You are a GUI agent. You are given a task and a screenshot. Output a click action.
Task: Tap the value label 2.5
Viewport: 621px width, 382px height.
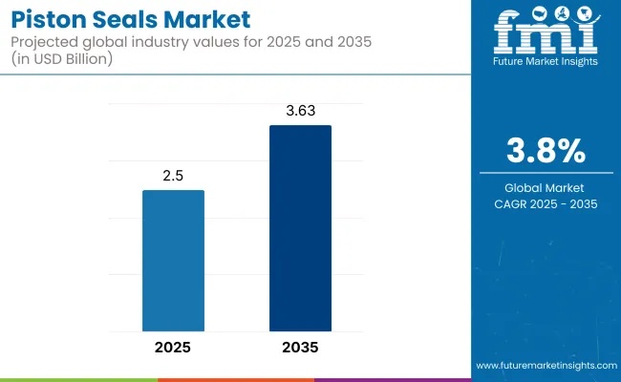(x=173, y=178)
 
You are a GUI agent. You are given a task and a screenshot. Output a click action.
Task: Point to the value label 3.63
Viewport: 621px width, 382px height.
(x=300, y=112)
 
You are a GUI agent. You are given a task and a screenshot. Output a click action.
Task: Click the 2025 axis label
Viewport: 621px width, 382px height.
(x=173, y=347)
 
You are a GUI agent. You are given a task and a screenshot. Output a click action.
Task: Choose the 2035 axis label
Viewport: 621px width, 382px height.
(x=300, y=347)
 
